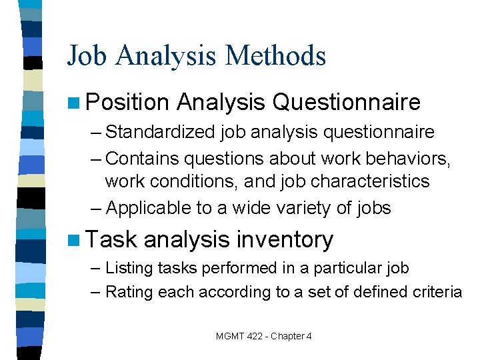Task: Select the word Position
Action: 127,102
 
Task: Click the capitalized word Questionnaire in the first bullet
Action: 347,102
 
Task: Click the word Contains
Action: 142,158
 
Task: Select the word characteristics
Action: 363,181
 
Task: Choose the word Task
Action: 111,239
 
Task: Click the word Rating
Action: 127,291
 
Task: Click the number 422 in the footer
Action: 253,336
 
